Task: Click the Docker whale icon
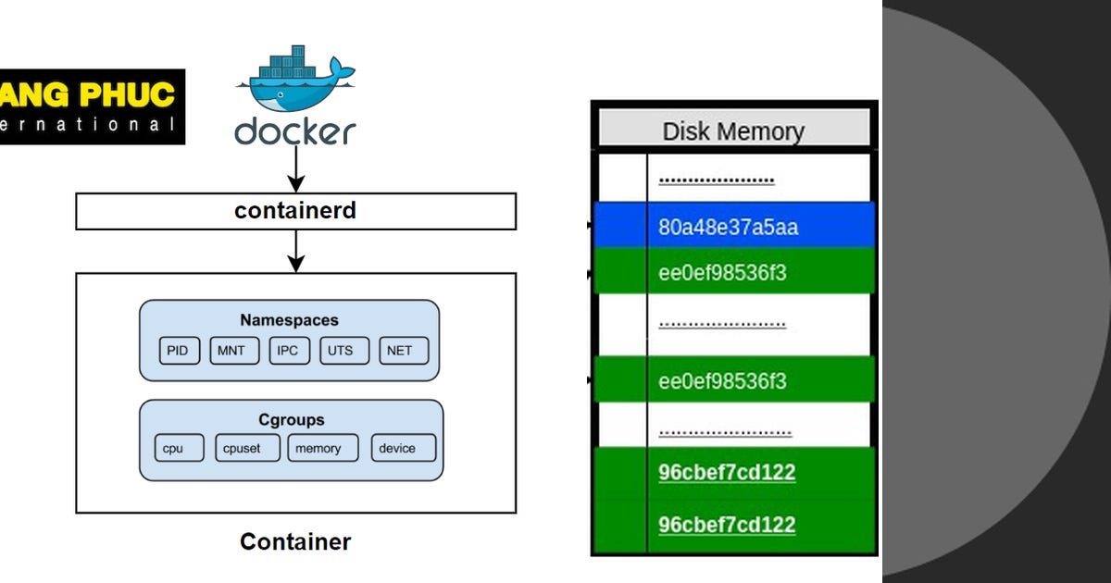click(x=294, y=79)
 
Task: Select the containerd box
click(x=294, y=211)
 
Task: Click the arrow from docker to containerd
click(x=295, y=168)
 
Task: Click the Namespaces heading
click(x=289, y=320)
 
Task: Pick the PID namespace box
click(x=179, y=351)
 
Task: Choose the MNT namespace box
click(x=232, y=351)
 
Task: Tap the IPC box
click(x=288, y=351)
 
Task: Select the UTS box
click(x=341, y=351)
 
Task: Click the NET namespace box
click(x=400, y=351)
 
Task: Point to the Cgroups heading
click(x=291, y=419)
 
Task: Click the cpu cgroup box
click(x=173, y=449)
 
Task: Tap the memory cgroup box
click(x=318, y=449)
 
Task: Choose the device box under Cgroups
click(x=397, y=449)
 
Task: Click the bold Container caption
click(x=294, y=541)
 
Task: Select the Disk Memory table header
click(x=733, y=130)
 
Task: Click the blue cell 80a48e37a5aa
click(x=728, y=228)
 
